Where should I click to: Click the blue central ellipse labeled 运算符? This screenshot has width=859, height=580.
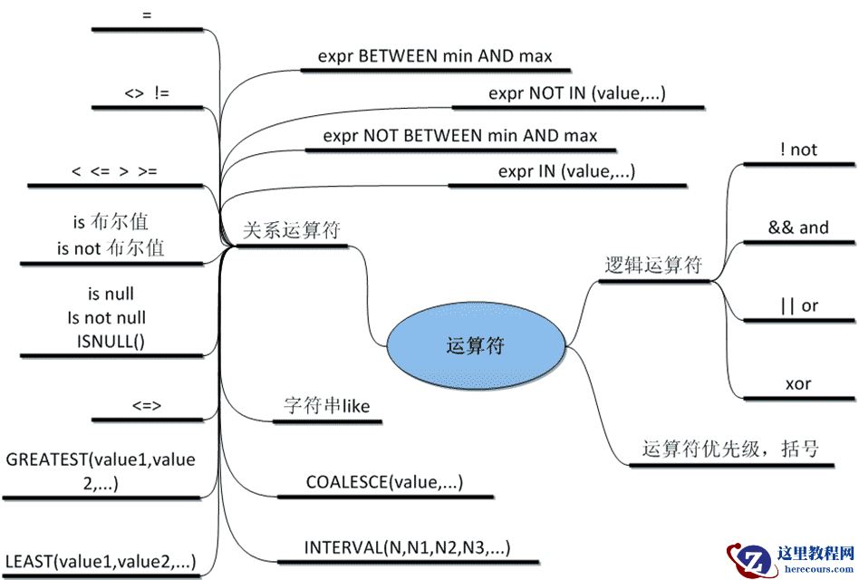pos(476,345)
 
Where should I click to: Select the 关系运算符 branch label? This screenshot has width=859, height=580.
pos(292,230)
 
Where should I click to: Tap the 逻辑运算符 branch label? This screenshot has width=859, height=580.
pos(652,265)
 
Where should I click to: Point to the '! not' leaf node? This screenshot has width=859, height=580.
pos(797,150)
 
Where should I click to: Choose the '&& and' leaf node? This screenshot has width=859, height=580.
pos(797,227)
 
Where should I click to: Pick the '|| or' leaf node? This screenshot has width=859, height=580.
pos(797,305)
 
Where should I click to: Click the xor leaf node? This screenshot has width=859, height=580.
pos(797,383)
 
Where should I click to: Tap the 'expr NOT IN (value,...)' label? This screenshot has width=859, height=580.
pos(577,92)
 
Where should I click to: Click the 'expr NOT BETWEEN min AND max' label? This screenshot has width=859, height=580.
pos(460,136)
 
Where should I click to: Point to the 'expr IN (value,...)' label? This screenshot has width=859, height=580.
pos(566,170)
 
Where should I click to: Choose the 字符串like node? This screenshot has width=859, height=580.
pos(327,406)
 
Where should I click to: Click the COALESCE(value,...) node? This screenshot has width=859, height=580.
pos(384,482)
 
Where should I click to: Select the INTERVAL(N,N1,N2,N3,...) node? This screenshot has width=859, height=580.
pos(407,547)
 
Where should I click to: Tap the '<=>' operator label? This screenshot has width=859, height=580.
pos(146,406)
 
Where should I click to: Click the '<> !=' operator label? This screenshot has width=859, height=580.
pos(146,92)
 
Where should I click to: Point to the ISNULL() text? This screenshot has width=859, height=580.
pos(111,340)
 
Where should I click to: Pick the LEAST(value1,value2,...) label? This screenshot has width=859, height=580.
pos(101,561)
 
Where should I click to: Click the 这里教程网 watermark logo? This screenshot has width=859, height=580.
pos(789,557)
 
